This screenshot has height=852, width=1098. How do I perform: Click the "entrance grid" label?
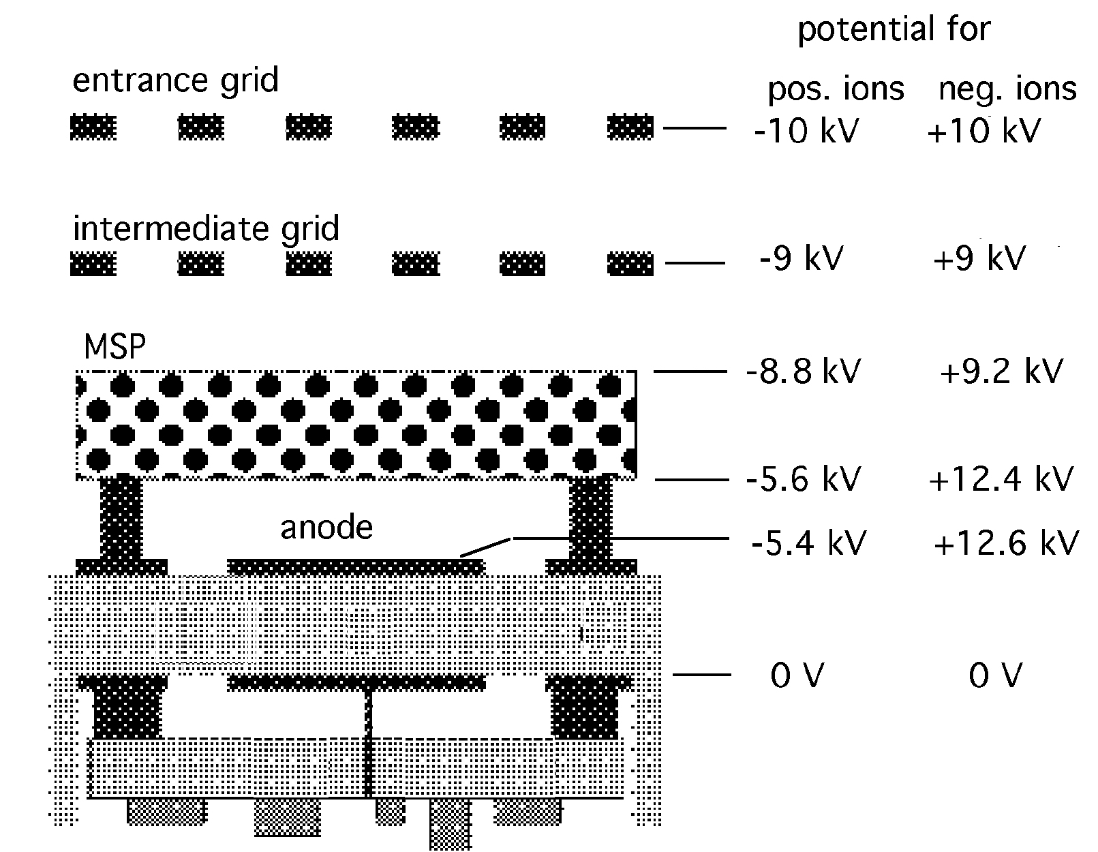[175, 81]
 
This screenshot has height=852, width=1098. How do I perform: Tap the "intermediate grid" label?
[206, 230]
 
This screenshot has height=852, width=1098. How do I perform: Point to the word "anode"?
[326, 528]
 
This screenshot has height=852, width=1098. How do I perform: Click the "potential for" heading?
[894, 30]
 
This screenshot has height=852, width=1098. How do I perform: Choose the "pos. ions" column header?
[836, 90]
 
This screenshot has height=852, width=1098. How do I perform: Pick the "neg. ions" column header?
[1007, 89]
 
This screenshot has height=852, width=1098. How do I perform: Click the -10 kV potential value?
[806, 132]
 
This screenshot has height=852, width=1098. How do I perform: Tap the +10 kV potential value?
[983, 132]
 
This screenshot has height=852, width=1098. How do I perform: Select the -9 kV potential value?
[802, 258]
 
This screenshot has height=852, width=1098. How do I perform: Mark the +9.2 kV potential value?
[1001, 371]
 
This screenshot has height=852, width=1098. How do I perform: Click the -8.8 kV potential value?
[803, 371]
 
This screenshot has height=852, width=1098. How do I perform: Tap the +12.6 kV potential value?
[1006, 543]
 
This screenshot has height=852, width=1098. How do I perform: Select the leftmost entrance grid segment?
[93, 127]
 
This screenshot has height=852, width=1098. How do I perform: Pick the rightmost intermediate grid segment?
[630, 263]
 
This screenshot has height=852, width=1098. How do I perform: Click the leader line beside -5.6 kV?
[692, 480]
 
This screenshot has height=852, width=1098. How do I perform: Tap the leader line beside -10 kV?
[695, 128]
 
